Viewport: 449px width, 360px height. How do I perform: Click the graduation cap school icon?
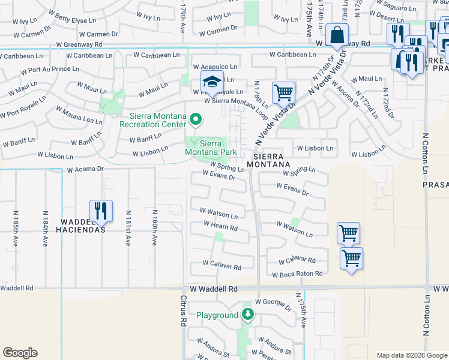point(211,83)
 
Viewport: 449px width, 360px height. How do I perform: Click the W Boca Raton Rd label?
point(297,274)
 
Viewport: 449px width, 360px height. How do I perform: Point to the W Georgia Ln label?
point(273,302)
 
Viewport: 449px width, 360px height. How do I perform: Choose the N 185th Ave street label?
point(16,229)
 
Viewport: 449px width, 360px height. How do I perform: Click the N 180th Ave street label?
point(155,229)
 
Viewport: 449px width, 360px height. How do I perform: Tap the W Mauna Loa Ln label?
point(79,116)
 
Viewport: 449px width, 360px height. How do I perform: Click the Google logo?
point(20,353)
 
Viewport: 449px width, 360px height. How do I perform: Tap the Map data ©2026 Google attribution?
point(411,355)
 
